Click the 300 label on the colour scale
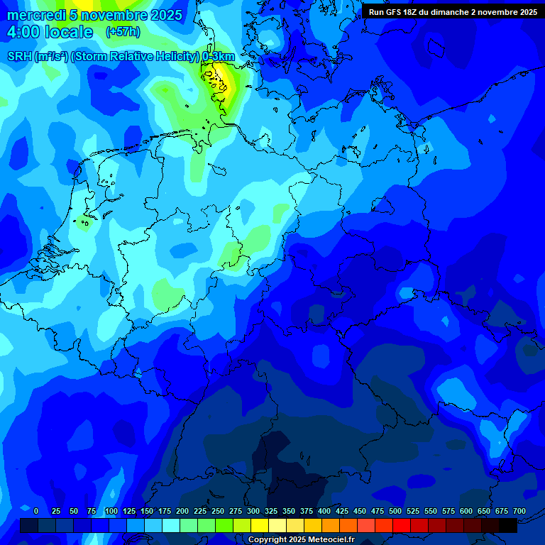coord(253,511)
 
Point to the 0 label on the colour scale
coord(36,511)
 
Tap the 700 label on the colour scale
coord(519,511)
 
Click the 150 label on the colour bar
coord(147,511)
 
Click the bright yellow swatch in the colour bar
coord(260,526)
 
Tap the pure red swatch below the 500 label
coord(402,526)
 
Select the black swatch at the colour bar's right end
coord(508,526)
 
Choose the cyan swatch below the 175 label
coord(171,526)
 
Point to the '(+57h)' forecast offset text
coord(123,32)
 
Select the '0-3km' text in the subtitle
coord(218,57)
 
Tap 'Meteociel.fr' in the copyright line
coord(331,540)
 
